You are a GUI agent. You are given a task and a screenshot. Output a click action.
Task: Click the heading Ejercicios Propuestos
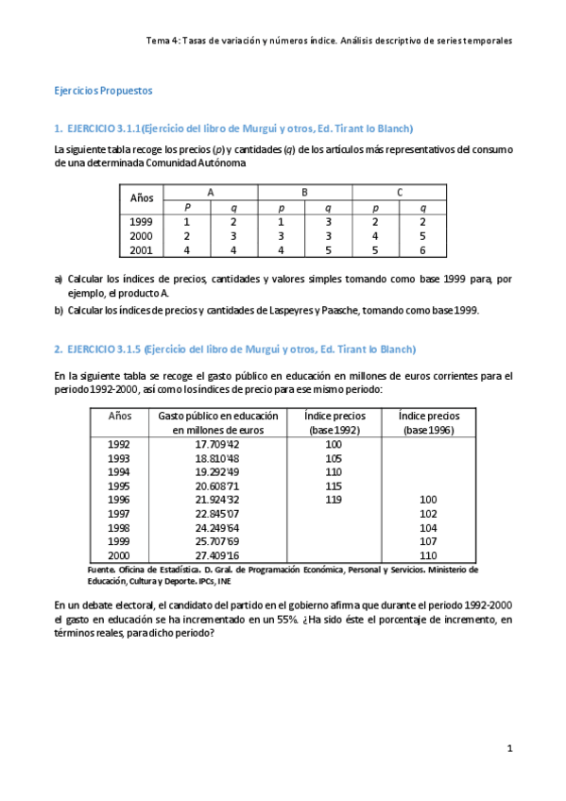[x=102, y=91]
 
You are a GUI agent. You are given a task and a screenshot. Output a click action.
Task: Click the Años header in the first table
[x=142, y=198]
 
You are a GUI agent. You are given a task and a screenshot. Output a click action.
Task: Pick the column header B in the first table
[x=304, y=192]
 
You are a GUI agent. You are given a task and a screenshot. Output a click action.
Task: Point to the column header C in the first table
[x=400, y=192]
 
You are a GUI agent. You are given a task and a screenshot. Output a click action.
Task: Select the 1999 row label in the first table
[x=141, y=221]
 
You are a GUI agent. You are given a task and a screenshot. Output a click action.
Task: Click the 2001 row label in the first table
[x=141, y=250]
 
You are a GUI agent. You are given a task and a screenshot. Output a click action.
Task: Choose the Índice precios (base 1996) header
[x=428, y=422]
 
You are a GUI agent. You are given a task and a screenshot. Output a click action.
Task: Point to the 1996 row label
[x=119, y=500]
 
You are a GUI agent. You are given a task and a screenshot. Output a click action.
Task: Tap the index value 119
[x=333, y=500]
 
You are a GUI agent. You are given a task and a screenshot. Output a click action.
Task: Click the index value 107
[x=428, y=541]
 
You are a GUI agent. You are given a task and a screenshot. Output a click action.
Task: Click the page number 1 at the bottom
[x=509, y=749]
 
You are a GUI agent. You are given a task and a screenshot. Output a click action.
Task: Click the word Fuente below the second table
[x=74, y=570]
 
